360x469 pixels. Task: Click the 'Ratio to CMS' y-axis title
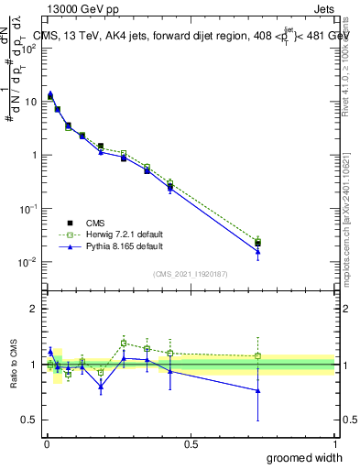click(x=13, y=365)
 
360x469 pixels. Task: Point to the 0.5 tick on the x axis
click(x=191, y=443)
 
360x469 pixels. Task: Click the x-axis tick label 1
click(x=334, y=443)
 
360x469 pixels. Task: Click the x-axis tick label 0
click(x=47, y=443)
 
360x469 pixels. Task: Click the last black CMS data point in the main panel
click(x=258, y=243)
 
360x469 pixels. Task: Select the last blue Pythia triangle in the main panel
click(x=258, y=252)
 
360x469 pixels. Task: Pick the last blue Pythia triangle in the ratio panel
click(x=258, y=390)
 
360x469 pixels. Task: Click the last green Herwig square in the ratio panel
click(x=258, y=355)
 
